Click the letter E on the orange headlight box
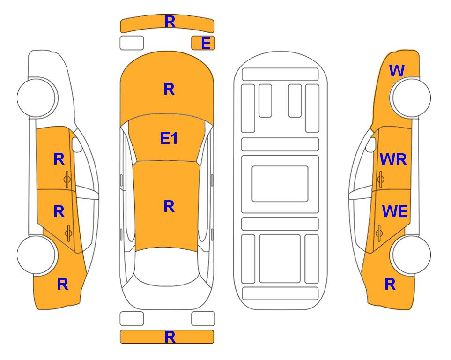click(206, 43)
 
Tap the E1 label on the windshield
click(169, 138)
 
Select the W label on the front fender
click(397, 71)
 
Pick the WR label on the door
click(393, 159)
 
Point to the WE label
click(395, 211)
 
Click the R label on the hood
click(169, 89)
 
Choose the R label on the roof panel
click(169, 207)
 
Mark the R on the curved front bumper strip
click(170, 22)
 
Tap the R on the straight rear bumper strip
click(170, 337)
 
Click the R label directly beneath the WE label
click(390, 284)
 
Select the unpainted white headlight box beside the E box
click(132, 43)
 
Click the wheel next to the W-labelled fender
click(410, 97)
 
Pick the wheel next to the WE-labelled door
click(410, 255)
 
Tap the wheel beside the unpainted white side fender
click(37, 97)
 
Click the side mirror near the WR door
click(370, 144)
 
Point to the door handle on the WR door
click(380, 179)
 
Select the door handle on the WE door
click(379, 233)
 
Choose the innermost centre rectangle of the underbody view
click(280, 184)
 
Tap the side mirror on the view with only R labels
click(77, 144)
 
